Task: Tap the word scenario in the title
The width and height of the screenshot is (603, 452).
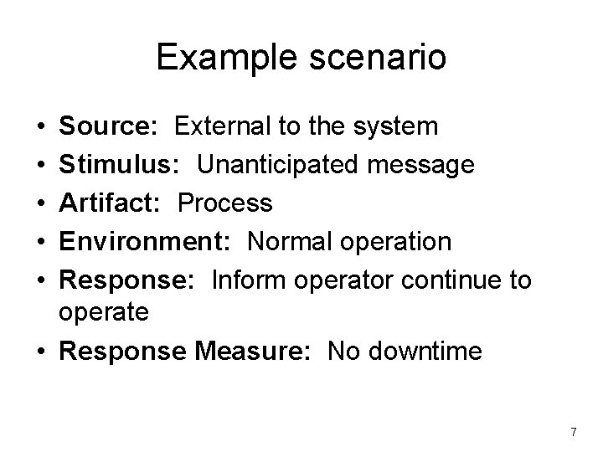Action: (x=370, y=59)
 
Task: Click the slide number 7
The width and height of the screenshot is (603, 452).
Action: (x=573, y=432)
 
